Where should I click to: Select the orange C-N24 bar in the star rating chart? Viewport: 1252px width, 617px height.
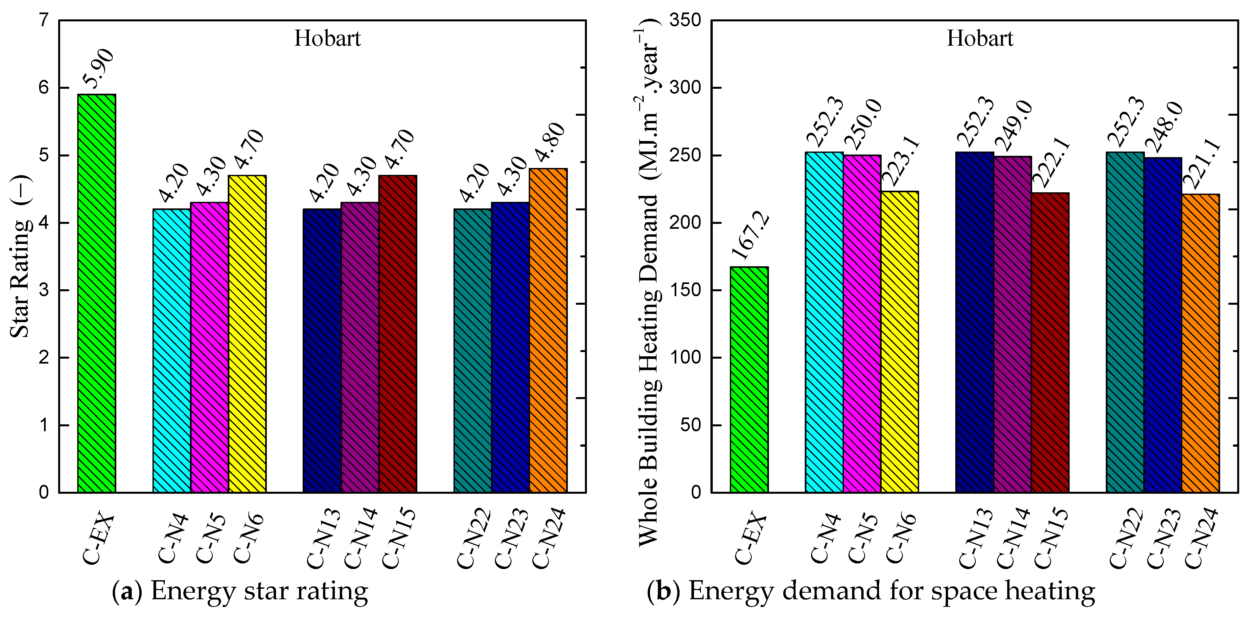[548, 331]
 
